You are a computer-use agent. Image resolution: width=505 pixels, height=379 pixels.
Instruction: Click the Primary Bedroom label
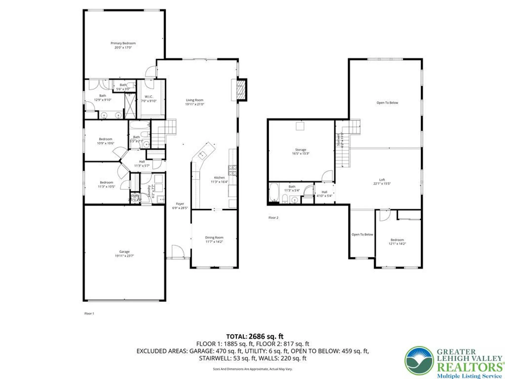(123, 43)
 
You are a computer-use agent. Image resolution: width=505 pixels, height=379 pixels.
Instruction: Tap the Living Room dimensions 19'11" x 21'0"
(194, 104)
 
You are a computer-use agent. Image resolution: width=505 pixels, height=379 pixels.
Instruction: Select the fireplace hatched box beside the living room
(241, 90)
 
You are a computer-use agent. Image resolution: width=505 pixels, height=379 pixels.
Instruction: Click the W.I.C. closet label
(148, 97)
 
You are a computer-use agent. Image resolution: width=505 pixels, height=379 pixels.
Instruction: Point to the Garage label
(124, 252)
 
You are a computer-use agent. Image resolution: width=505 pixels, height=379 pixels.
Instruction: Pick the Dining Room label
(214, 238)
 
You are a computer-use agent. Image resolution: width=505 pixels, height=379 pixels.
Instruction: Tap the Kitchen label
(219, 178)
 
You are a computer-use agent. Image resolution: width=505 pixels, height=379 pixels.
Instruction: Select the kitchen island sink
(202, 155)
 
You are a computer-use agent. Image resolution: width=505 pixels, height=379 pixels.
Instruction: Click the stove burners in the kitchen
(233, 170)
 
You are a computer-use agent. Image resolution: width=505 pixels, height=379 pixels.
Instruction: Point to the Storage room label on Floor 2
(300, 150)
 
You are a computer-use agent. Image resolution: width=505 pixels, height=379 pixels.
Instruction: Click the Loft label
(382, 180)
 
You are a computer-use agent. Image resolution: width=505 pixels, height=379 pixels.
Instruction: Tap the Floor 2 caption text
(273, 218)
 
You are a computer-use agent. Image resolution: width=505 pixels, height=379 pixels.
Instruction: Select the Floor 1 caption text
(89, 313)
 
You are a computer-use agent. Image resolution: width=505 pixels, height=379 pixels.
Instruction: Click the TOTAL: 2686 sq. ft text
(255, 336)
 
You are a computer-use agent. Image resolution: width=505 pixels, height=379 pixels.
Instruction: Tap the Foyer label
(180, 204)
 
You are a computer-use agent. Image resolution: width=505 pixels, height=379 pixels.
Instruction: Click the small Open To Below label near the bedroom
(362, 234)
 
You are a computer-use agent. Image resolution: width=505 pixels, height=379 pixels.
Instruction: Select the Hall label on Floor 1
(142, 161)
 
